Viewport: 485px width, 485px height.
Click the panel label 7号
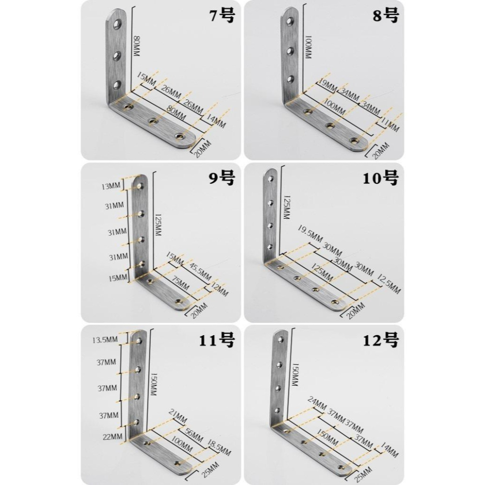(222, 16)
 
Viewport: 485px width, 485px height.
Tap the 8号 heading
(386, 16)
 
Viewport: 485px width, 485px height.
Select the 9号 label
(222, 178)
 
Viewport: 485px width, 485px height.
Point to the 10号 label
(380, 178)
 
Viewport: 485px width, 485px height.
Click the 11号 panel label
(216, 340)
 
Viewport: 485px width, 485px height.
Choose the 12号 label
(380, 340)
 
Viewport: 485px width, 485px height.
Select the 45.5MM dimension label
(200, 272)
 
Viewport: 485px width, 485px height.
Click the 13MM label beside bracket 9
(111, 186)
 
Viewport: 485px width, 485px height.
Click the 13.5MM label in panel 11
(105, 340)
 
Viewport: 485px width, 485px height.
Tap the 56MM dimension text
(194, 435)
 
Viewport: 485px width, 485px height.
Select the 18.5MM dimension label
(219, 448)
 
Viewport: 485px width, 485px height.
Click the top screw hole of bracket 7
(117, 24)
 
